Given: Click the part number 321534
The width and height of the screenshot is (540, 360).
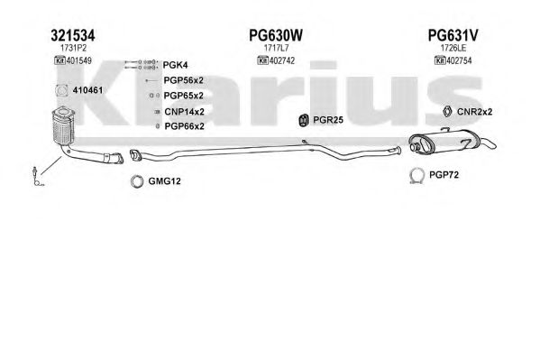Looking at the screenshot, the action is tap(73, 35).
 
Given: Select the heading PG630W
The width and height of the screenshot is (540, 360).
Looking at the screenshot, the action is tap(276, 35).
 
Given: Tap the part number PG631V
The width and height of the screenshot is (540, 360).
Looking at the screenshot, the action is tap(453, 35).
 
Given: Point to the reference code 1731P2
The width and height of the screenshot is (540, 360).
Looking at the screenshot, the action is tap(73, 48).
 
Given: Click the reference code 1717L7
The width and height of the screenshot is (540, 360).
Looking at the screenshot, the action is tap(276, 48).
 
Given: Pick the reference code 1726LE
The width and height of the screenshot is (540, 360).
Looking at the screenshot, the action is tap(453, 48).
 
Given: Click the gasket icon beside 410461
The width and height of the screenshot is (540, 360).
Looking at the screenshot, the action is tap(62, 90).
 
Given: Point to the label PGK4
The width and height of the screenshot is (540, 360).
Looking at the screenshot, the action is tap(175, 65).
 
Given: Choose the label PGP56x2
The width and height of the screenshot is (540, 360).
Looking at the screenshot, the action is tap(184, 80).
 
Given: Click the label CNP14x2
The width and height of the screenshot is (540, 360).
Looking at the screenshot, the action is tap(184, 112).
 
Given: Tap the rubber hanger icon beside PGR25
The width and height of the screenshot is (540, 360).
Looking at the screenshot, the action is tap(304, 120).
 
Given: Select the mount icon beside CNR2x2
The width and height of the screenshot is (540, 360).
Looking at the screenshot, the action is tap(447, 111).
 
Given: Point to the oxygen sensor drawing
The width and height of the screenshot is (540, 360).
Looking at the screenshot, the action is tap(37, 176).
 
